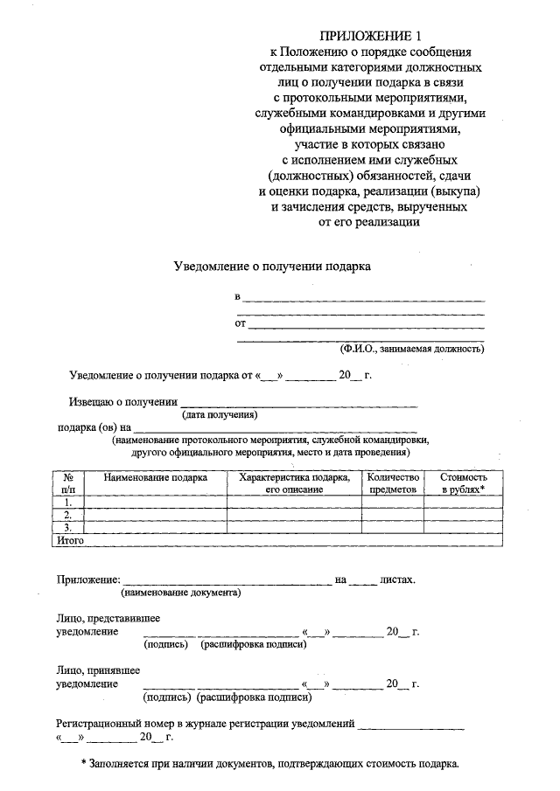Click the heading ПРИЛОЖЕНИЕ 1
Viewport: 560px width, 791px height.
pos(370,36)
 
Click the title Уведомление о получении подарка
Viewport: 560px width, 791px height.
pos(271,267)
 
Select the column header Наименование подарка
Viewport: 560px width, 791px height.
pos(155,478)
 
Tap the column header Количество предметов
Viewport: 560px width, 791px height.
pos(394,483)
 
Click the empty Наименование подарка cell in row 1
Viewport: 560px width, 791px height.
pos(155,503)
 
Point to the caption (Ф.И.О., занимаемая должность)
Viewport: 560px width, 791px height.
pos(412,348)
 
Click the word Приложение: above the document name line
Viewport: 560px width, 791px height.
pos(87,579)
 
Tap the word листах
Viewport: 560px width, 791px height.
pos(396,579)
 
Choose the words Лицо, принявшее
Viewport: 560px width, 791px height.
pos(96,670)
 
